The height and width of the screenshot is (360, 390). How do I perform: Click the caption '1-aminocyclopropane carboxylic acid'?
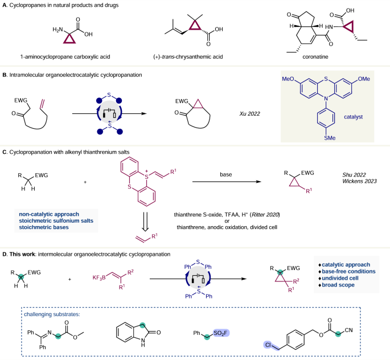click(x=65, y=57)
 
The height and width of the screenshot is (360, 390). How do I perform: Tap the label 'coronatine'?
click(x=315, y=57)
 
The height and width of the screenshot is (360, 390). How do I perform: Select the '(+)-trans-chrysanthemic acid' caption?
click(x=188, y=57)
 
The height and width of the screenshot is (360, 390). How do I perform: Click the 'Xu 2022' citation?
click(x=249, y=114)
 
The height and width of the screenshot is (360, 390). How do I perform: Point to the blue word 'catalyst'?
click(x=353, y=117)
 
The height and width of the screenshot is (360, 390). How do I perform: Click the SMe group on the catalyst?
click(x=330, y=138)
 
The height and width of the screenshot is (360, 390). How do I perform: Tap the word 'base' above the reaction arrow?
click(x=226, y=174)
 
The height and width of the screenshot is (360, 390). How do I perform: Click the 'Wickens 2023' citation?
click(x=359, y=181)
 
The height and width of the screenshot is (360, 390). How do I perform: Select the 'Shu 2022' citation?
click(x=354, y=175)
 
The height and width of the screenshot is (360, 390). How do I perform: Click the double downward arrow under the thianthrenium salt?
click(x=145, y=222)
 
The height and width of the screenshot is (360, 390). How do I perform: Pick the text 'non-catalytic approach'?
click(x=49, y=214)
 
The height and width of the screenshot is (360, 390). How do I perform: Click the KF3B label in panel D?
click(x=99, y=277)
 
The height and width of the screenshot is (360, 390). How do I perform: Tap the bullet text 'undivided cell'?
click(x=340, y=278)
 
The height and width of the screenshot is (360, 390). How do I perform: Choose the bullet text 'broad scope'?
click(x=338, y=285)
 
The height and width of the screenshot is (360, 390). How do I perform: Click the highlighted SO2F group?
click(x=221, y=333)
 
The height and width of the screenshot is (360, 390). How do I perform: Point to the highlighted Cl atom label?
click(x=268, y=345)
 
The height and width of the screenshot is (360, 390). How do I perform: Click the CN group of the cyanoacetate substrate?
click(x=348, y=330)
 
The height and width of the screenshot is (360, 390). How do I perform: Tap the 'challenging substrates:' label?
click(x=52, y=314)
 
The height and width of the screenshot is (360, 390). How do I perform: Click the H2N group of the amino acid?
click(x=58, y=30)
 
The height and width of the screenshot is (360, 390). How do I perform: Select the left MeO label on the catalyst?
click(x=288, y=79)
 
